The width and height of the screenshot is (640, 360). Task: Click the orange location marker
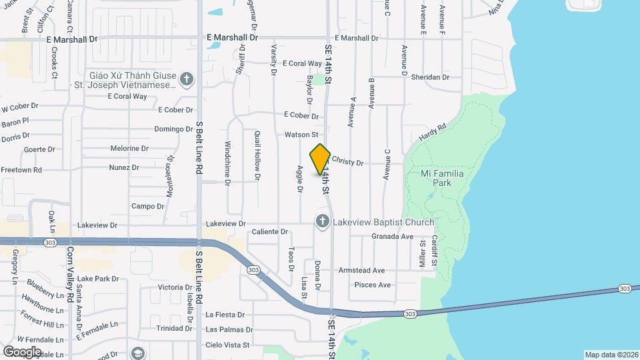[x=320, y=159]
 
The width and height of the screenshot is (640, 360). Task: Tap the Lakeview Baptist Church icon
[x=323, y=221]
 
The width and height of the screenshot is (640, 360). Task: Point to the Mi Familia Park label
[x=442, y=177]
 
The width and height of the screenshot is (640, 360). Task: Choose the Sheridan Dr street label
[x=430, y=77]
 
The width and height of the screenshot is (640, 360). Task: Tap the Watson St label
[x=301, y=135]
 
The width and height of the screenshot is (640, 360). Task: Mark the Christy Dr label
[x=347, y=162]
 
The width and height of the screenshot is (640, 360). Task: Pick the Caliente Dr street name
[x=269, y=232]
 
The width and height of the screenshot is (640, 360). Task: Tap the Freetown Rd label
[x=21, y=170]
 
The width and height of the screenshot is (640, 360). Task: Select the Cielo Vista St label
[x=227, y=345]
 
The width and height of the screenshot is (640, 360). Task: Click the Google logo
[x=22, y=351]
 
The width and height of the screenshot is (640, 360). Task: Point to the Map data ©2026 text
[x=611, y=355]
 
